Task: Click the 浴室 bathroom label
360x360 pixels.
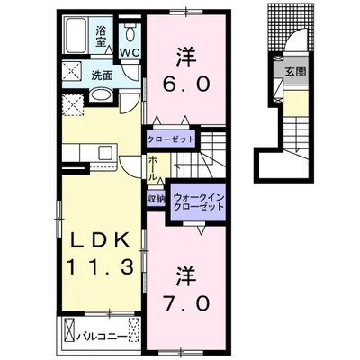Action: pos(101,37)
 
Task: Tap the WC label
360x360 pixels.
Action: pos(130,53)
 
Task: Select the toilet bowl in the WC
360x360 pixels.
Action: pos(130,33)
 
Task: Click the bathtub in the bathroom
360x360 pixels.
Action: pos(76,35)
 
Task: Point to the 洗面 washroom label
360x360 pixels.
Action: pos(102,76)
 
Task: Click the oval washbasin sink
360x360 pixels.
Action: pos(101,95)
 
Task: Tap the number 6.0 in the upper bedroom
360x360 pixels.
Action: pos(186,84)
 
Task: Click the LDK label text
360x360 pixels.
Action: pos(99,240)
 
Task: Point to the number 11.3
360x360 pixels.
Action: pos(99,267)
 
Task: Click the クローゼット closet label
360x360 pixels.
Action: pos(171,139)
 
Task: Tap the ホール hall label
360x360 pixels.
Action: pos(153,168)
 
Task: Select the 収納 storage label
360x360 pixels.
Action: pos(156,199)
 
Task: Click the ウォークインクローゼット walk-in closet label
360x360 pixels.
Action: pos(199,202)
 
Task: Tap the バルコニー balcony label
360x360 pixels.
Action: pos(101,337)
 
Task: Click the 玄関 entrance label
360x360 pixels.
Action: pos(295,72)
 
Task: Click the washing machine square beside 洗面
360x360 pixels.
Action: pos(71,71)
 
